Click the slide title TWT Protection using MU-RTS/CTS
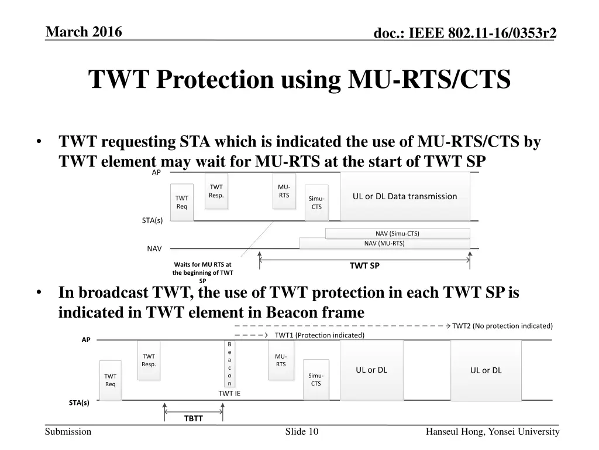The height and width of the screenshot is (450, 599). pos(299,80)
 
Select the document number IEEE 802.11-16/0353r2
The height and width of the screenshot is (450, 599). pos(465,35)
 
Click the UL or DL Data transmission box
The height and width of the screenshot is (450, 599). pos(405,196)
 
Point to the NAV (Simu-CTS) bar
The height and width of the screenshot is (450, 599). pos(397,233)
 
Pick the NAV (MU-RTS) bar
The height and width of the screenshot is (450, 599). pos(384,243)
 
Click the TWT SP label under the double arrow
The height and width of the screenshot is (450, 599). pos(364,265)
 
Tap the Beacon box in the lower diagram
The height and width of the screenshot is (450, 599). pos(229,363)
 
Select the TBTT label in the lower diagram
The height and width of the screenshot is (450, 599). pos(193,418)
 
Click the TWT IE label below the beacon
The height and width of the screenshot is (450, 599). pos(229,393)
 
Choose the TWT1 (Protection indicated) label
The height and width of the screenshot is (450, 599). pos(319,335)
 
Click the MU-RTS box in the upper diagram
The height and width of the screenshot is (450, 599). pos(284,191)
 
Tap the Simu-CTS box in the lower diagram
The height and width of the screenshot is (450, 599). pos(316,379)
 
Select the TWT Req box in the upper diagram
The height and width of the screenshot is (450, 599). pos(182,202)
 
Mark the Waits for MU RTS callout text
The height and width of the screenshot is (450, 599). pos(202,272)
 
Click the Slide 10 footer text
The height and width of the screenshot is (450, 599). pos(302,432)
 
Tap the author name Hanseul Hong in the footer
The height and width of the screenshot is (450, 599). pos(493,432)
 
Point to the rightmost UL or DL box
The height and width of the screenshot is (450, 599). pos(486,370)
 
